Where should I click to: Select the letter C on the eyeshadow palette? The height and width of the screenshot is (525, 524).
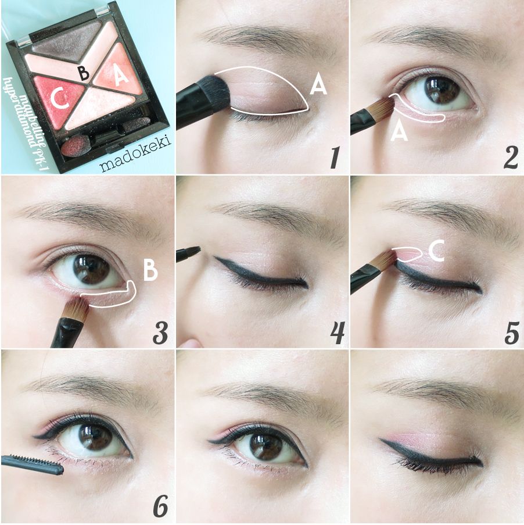[60, 99]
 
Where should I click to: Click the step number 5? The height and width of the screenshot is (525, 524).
[512, 333]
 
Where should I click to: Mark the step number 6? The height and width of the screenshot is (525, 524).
[160, 506]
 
